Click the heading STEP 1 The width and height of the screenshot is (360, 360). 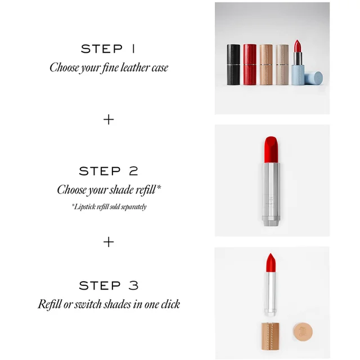point(107,49)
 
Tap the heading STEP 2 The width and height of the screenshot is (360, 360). point(109,171)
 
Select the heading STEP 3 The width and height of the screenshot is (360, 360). point(109,285)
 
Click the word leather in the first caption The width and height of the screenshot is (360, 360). point(135,67)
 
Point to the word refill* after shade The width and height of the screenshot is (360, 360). point(148,190)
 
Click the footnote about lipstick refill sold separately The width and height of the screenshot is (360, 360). point(109,206)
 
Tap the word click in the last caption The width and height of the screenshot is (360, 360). point(170,304)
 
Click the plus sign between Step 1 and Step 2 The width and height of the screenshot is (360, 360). point(109,120)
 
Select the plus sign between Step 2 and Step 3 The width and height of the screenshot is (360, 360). point(109,242)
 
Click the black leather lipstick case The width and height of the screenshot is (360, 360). point(233,65)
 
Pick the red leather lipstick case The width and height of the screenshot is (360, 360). point(250,65)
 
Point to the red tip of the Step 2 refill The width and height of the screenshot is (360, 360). point(271,149)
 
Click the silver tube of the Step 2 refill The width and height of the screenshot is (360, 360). point(271,194)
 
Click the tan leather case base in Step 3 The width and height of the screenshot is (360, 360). point(270,336)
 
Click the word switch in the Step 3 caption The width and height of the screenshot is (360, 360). point(88,304)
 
